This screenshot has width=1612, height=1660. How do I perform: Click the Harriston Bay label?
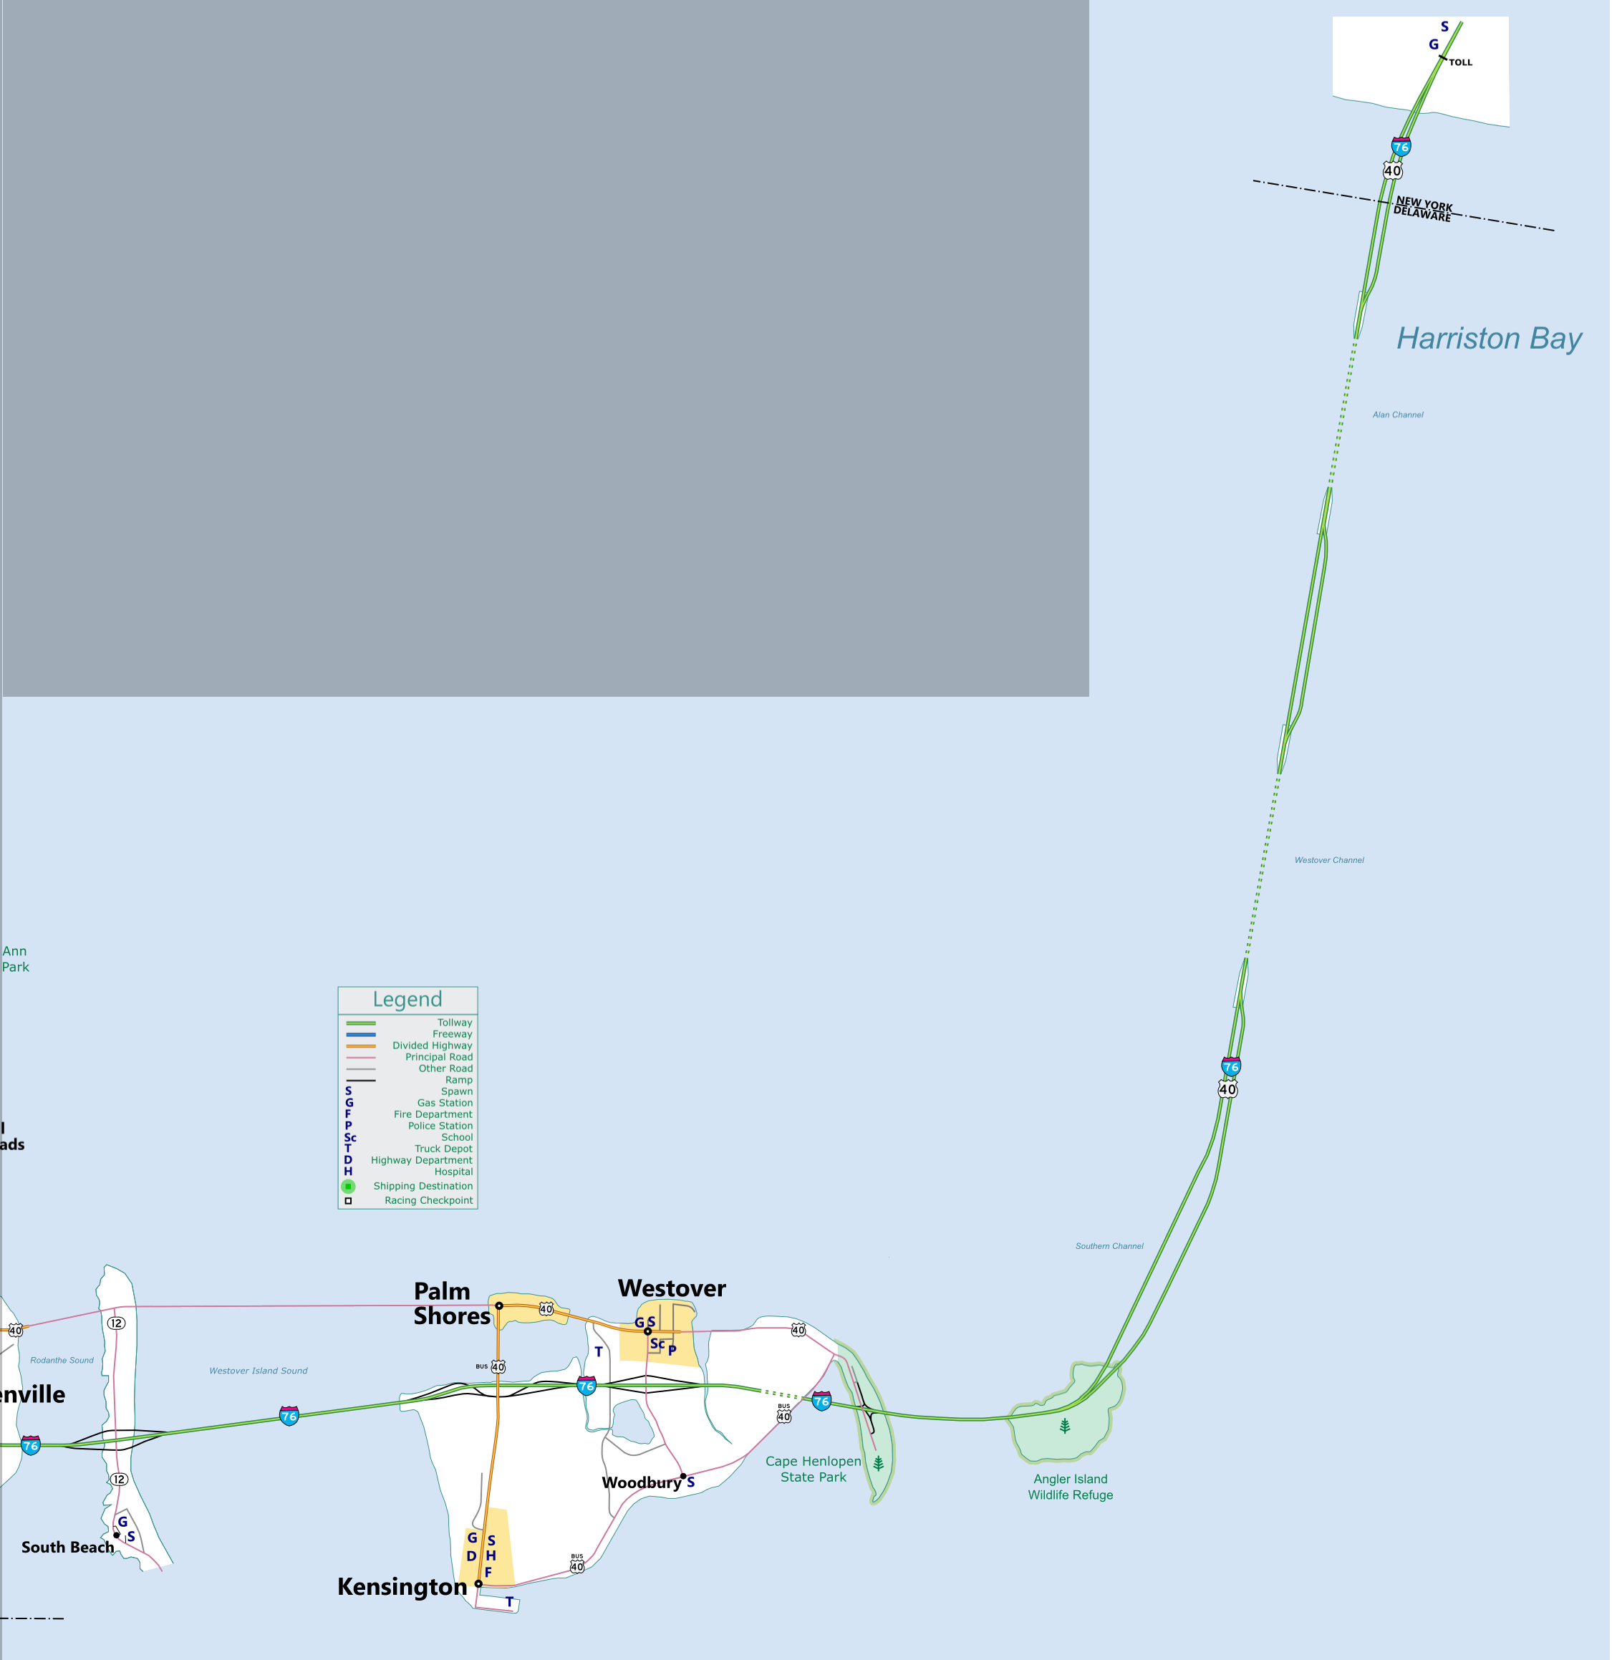(1488, 339)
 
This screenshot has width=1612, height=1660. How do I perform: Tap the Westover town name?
(672, 1288)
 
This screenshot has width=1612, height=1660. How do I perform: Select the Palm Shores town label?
(450, 1303)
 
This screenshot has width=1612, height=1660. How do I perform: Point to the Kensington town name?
(402, 1586)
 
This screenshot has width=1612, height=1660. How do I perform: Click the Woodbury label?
(641, 1482)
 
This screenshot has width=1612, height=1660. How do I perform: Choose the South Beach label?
(68, 1548)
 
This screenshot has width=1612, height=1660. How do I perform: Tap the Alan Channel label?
(1398, 415)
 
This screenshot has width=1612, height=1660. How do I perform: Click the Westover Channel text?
(1328, 861)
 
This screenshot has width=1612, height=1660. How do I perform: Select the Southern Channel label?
(1109, 1246)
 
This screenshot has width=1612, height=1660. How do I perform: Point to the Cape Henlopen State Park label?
(814, 1469)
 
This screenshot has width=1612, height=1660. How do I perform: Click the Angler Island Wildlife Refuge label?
(1070, 1487)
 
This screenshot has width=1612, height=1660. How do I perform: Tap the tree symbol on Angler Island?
(1065, 1427)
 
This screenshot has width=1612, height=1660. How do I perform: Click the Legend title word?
(407, 1000)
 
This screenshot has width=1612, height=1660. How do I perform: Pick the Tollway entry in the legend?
(455, 1022)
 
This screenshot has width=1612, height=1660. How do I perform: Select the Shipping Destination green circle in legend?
(348, 1186)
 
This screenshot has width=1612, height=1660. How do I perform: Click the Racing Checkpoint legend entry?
(429, 1200)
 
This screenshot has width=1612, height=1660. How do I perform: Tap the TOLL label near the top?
(1460, 63)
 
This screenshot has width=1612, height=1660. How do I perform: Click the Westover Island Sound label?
(259, 1371)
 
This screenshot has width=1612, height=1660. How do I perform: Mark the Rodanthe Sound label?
(62, 1360)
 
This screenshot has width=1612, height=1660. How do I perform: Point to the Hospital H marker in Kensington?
(491, 1556)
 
